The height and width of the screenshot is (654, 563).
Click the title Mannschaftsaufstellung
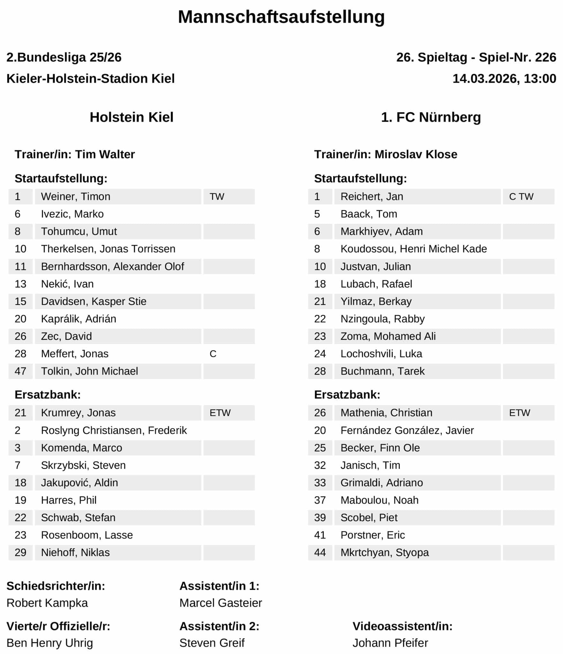pyautogui.click(x=281, y=17)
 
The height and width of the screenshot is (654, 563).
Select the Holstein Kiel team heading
pyautogui.click(x=131, y=117)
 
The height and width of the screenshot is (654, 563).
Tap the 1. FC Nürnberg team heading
pyautogui.click(x=431, y=117)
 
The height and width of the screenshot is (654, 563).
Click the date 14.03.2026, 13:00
pyautogui.click(x=504, y=79)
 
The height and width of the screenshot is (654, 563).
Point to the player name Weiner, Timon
pyautogui.click(x=76, y=196)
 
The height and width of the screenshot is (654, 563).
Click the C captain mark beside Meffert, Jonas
pyautogui.click(x=213, y=354)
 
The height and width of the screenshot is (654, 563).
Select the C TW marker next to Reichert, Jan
pyautogui.click(x=521, y=196)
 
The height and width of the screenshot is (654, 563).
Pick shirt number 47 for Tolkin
pyautogui.click(x=20, y=371)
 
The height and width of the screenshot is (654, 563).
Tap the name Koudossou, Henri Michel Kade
pyautogui.click(x=414, y=249)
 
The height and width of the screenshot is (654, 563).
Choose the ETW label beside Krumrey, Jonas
pyautogui.click(x=220, y=413)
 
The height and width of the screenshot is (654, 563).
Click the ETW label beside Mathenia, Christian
pyautogui.click(x=520, y=413)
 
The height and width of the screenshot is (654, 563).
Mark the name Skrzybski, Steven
pyautogui.click(x=83, y=465)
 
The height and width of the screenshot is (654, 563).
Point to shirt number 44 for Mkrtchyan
pyautogui.click(x=320, y=552)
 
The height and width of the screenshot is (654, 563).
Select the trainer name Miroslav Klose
pyautogui.click(x=416, y=154)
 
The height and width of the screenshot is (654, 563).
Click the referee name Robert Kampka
pyautogui.click(x=47, y=603)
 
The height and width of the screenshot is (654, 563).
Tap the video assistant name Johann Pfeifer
pyautogui.click(x=390, y=643)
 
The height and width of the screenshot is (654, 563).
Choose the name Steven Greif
pyautogui.click(x=212, y=643)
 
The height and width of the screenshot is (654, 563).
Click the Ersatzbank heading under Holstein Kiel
pyautogui.click(x=48, y=395)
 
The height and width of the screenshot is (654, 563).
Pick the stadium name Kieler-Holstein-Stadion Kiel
pyautogui.click(x=91, y=79)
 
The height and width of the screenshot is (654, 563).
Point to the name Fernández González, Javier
pyautogui.click(x=407, y=430)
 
